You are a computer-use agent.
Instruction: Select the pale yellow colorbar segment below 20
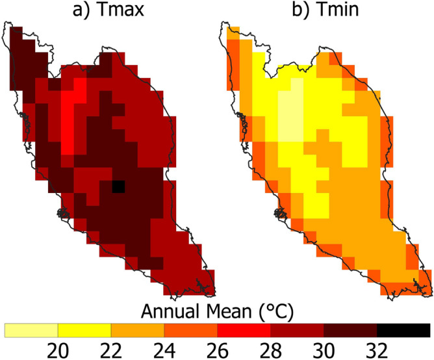pos(32,329)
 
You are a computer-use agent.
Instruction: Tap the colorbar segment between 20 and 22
pos(85,329)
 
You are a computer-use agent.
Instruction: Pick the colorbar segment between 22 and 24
pos(138,329)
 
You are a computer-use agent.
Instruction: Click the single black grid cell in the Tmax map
pos(118,186)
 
